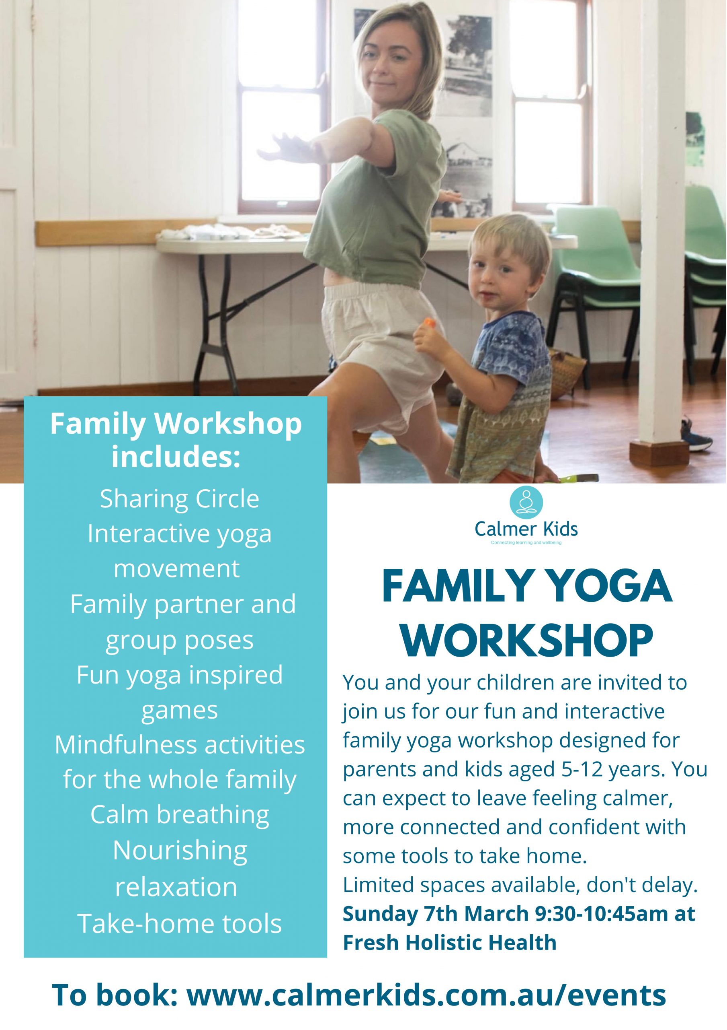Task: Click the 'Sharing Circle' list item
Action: coord(179,499)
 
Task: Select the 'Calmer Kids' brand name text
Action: coord(526,529)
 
